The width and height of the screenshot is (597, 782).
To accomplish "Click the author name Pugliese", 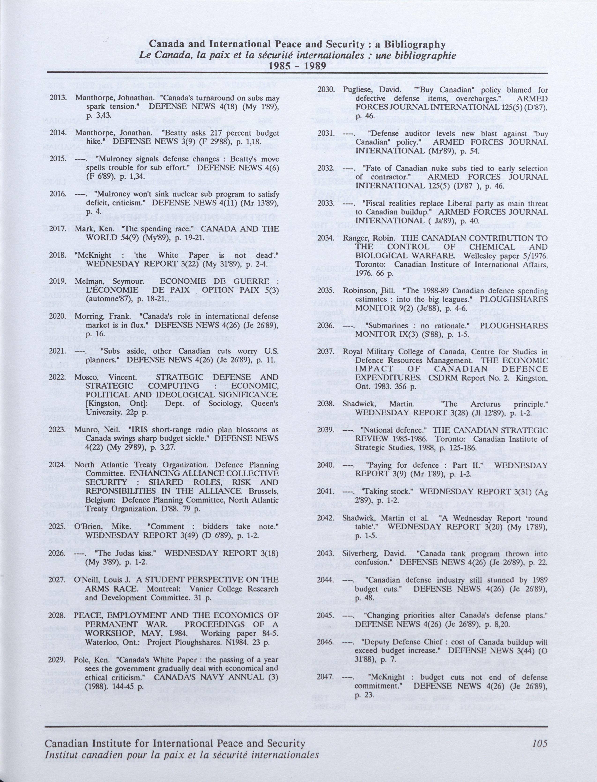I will pyautogui.click(x=356, y=90).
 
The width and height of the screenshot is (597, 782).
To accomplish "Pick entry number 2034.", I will pyautogui.click(x=326, y=238).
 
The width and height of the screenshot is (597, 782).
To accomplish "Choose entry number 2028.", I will pyautogui.click(x=58, y=615).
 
